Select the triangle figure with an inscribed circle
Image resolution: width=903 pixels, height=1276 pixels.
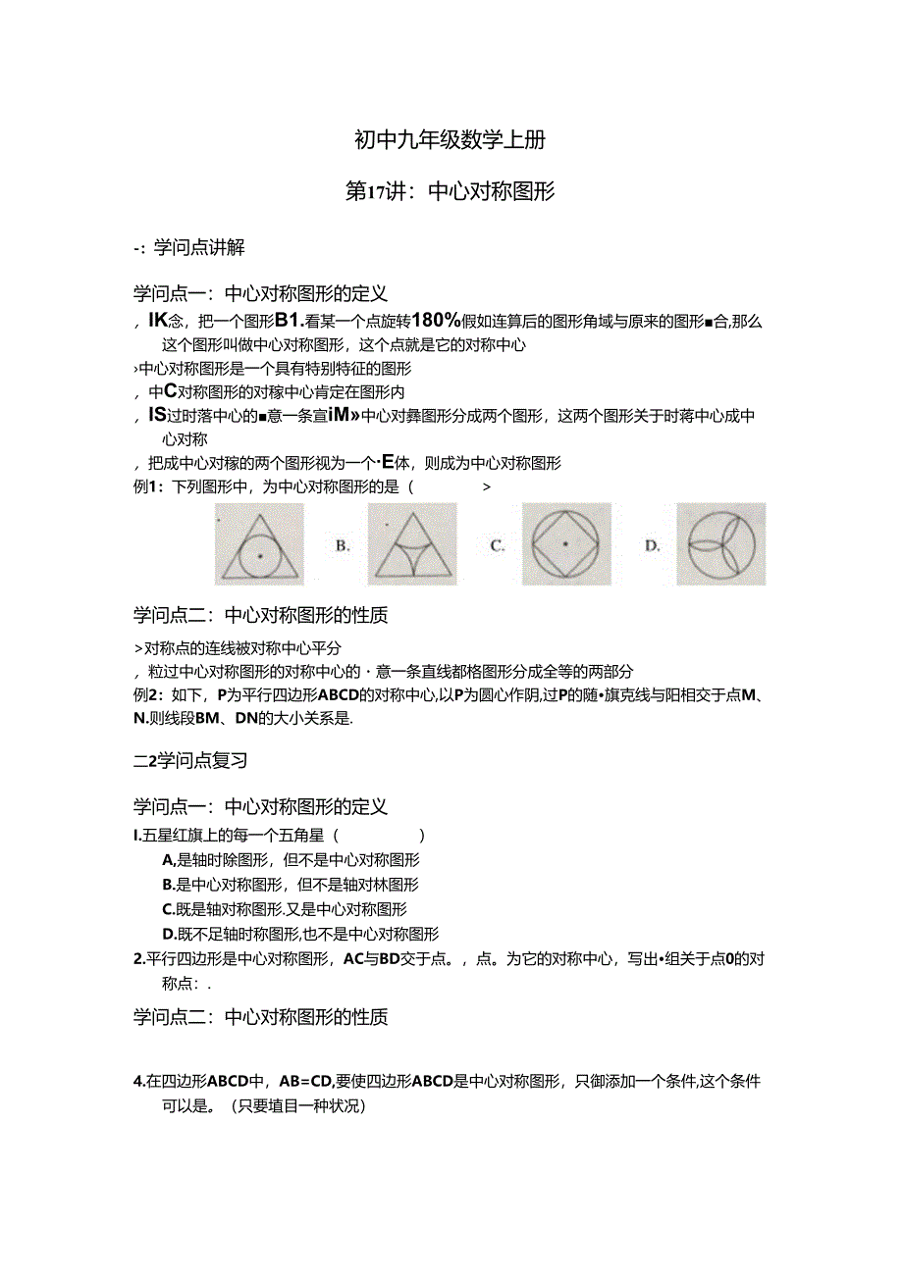[x=259, y=544]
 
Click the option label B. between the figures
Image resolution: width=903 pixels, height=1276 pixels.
[x=343, y=546]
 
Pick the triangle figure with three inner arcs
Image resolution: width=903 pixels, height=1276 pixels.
[x=411, y=544]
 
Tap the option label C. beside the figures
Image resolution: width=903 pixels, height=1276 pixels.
[x=498, y=546]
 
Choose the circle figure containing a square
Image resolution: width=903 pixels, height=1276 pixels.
[x=566, y=544]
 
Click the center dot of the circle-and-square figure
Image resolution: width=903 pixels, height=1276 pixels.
[x=566, y=544]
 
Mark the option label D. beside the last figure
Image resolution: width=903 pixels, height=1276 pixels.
[x=653, y=546]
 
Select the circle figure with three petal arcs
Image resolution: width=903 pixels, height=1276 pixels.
[x=722, y=544]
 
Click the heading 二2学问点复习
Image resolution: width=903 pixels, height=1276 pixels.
[x=190, y=760]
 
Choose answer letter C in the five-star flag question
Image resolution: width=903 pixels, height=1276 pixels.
[x=168, y=910]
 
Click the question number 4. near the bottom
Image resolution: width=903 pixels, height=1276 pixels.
[x=138, y=1083]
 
